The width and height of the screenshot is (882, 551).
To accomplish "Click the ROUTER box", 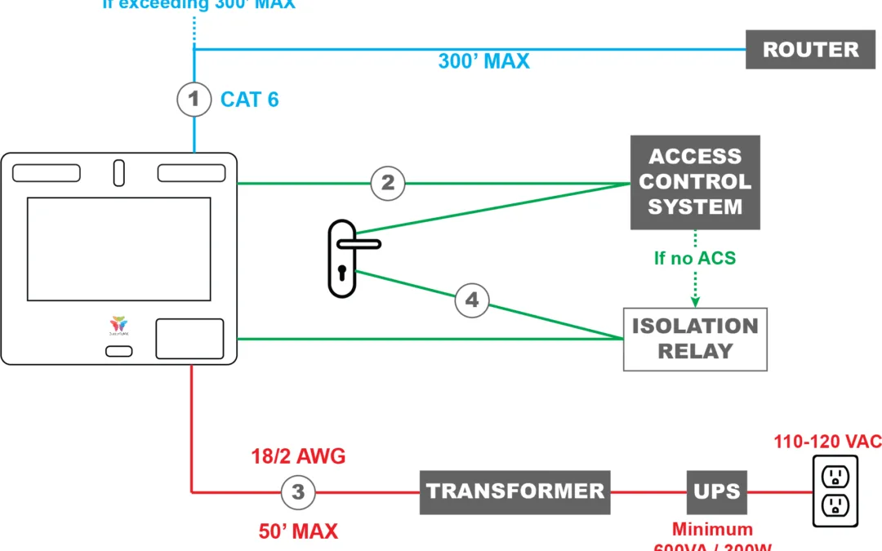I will [x=810, y=49].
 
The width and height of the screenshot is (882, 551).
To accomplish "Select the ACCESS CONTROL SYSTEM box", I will [x=695, y=182].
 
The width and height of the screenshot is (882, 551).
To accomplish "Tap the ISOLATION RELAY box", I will [x=695, y=339].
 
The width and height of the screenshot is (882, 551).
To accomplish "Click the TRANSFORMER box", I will [x=514, y=491].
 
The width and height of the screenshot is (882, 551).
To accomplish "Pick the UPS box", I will [x=716, y=491].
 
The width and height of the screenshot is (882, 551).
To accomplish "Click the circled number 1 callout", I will [x=194, y=100].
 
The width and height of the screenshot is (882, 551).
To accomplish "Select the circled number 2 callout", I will [x=387, y=183].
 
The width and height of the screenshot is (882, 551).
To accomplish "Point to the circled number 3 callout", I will [x=298, y=492].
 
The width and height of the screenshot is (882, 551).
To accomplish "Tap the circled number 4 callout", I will [x=471, y=300].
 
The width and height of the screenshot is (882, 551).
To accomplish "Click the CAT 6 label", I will [x=249, y=100].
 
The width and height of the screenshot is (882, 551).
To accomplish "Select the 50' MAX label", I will [x=297, y=531].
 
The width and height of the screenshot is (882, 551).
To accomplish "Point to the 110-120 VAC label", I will [x=827, y=442].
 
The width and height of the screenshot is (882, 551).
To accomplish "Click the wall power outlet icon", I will [x=835, y=491].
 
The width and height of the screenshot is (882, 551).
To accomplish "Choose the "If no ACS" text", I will [x=695, y=258].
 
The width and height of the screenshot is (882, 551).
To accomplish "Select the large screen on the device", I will [x=118, y=248].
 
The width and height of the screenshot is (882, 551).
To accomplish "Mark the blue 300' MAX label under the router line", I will [x=483, y=61].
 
